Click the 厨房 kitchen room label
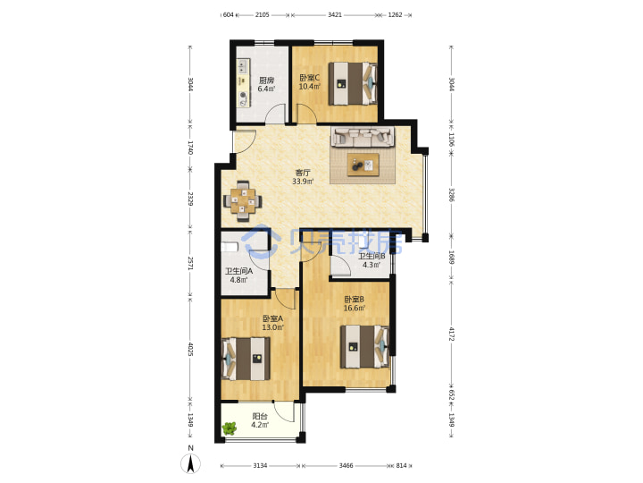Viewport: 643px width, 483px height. tap(266, 80)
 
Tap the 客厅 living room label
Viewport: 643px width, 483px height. tap(303, 173)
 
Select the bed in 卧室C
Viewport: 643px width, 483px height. tap(353, 83)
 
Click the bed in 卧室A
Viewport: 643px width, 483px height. tap(246, 359)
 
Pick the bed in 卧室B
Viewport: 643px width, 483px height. tap(364, 347)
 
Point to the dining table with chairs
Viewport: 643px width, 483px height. tap(243, 201)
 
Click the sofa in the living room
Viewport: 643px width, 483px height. tap(363, 137)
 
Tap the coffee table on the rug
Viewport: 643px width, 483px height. tap(363, 165)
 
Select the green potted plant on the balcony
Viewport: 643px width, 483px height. tap(230, 428)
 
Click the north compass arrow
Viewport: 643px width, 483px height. tap(191, 464)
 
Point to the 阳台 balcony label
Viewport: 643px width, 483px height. tap(260, 416)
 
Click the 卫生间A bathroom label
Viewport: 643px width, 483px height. tap(238, 272)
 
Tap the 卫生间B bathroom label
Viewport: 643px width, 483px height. tap(372, 257)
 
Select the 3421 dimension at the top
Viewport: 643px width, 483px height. tap(335, 15)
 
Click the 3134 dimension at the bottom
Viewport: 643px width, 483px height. tap(260, 466)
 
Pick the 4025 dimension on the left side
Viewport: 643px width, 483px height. tap(190, 349)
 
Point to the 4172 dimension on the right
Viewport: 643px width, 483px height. tap(452, 334)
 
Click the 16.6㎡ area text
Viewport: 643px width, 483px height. tap(355, 308)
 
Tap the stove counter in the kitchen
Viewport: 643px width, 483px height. tap(243, 83)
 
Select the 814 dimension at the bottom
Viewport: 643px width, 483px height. tap(402, 466)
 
